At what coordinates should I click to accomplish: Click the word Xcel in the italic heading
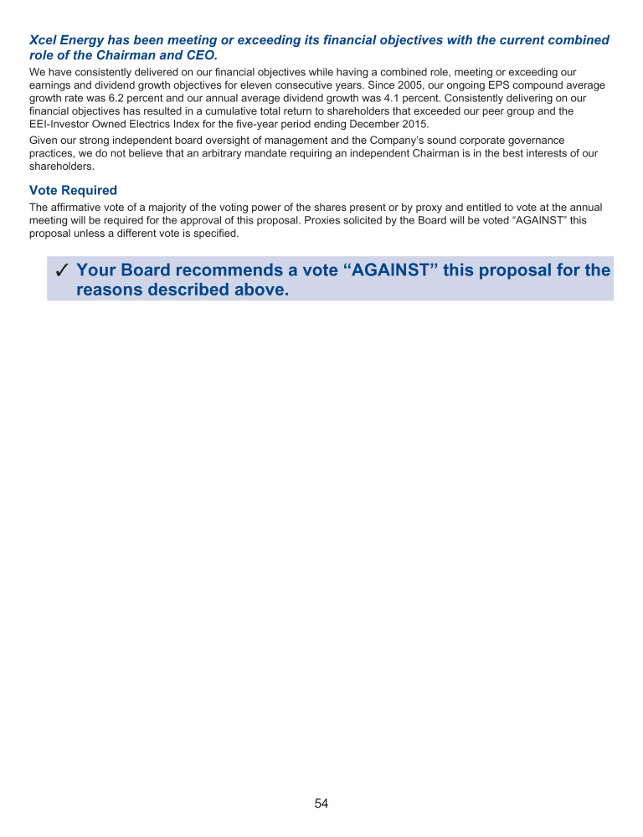44,40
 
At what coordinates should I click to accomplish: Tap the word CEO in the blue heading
203,54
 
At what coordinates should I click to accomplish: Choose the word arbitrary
336,152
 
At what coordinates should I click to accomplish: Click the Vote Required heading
73,191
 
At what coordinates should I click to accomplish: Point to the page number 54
321,804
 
